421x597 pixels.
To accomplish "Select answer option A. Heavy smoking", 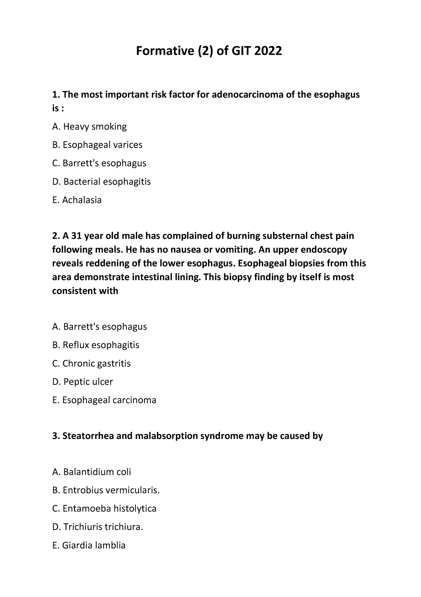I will pos(89,126).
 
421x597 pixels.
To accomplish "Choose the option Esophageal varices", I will pos(97,145).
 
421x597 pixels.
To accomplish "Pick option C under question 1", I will pos(99,163).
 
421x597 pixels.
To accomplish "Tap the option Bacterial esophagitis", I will pos(101,182).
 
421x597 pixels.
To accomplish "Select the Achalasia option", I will pos(77,200).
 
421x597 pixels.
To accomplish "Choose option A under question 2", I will pos(99,327).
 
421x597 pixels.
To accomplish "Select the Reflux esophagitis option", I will pos(95,345).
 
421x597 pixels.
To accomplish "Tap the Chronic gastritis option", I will pos(91,363).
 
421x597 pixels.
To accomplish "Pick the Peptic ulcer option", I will pos(82,382).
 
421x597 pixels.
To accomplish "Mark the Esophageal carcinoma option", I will pos(104,400).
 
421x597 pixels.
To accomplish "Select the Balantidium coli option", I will pos(92,472).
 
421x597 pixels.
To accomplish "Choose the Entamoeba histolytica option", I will pos(104,508).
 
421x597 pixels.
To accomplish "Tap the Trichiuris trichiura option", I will pos(98,527).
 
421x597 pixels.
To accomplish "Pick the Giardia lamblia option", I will pos(89,545).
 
